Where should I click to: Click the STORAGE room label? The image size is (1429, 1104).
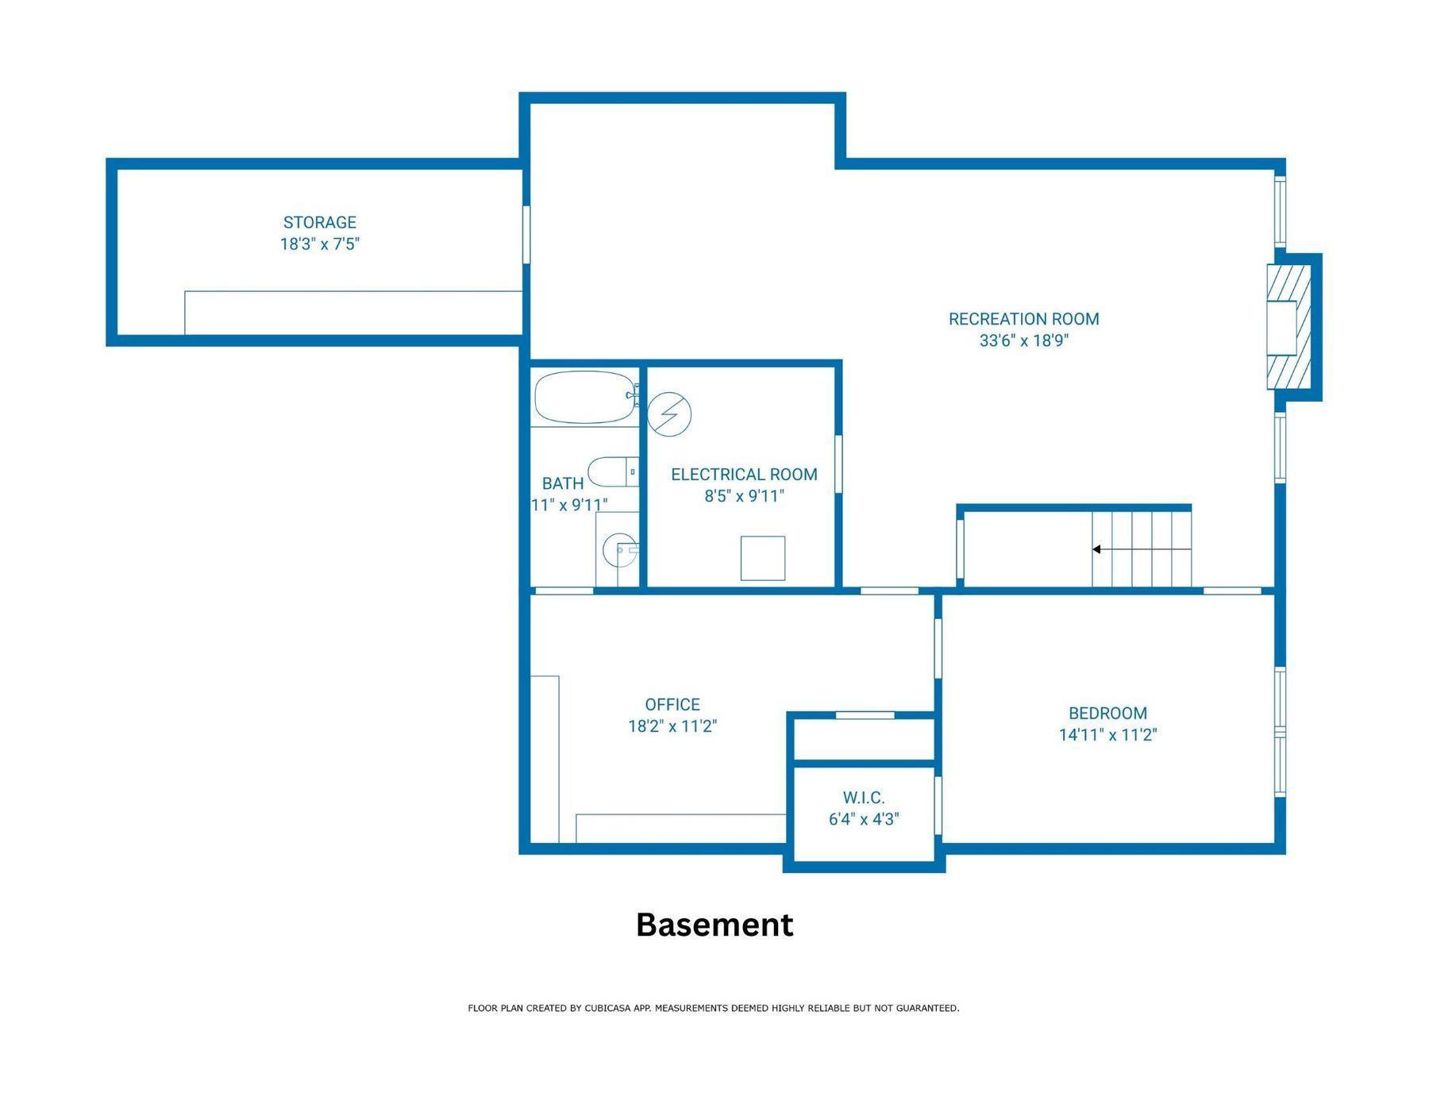[x=320, y=222]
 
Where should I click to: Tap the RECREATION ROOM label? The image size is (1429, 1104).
[x=1024, y=319]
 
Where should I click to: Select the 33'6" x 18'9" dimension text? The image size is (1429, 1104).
[x=1024, y=340]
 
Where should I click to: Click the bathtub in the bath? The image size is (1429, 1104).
[x=586, y=397]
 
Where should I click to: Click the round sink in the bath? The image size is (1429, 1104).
[x=620, y=548]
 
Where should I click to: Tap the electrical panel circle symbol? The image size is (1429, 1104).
[x=669, y=414]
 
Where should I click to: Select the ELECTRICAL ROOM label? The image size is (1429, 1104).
[x=744, y=475]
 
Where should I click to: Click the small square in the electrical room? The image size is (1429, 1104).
[x=763, y=558]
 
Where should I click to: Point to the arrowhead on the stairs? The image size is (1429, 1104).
[x=1096, y=549]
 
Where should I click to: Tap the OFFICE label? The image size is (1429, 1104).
[x=672, y=705]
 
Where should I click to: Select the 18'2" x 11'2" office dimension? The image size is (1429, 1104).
[x=672, y=726]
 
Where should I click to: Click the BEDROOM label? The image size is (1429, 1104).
[x=1107, y=714]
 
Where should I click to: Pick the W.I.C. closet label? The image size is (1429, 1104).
[x=864, y=798]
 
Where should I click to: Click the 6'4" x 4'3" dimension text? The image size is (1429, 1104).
[x=864, y=819]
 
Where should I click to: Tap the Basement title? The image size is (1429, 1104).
[x=714, y=925]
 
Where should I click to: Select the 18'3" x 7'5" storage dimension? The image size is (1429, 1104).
[x=320, y=244]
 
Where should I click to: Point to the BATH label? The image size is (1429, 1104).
[x=563, y=483]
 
